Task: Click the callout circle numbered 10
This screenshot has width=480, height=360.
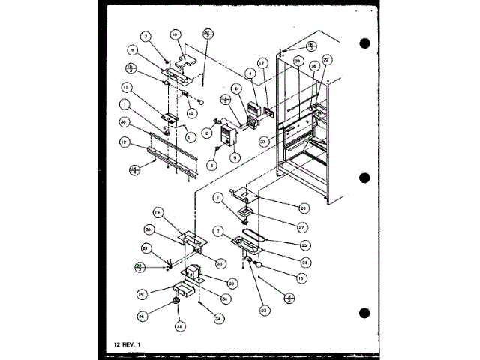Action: coord(174,34)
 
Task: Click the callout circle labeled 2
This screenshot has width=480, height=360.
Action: coord(205,133)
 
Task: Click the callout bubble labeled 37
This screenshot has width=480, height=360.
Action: coord(264,139)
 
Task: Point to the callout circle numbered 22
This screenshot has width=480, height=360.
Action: coord(327,59)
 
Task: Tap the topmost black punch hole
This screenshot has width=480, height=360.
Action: coord(365,43)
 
